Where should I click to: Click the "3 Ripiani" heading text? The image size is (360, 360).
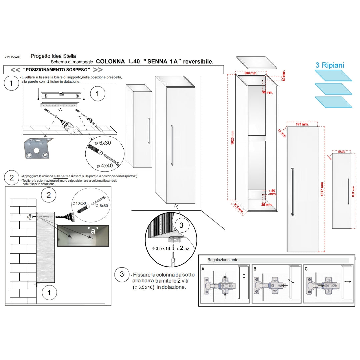pos(330,65)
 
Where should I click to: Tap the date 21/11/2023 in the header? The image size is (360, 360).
pos(13,57)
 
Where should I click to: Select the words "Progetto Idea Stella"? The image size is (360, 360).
pos(53,56)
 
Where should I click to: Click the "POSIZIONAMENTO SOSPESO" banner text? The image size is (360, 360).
pos(56,70)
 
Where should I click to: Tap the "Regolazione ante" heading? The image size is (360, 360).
pos(223,260)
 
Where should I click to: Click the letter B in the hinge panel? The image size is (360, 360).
pos(255,268)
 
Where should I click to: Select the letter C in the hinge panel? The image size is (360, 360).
pos(306,268)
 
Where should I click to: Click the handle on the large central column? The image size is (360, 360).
pos(172,145)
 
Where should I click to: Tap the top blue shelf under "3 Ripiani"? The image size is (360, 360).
pos(333,75)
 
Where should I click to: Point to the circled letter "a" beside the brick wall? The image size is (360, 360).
pos(30,216)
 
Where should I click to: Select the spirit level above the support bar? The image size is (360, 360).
pos(60,95)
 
